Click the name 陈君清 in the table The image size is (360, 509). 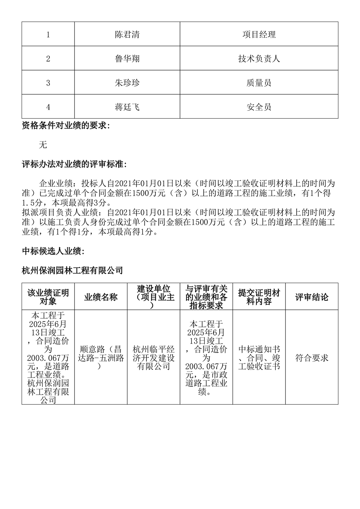pyautogui.click(x=127, y=35)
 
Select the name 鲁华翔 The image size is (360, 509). pyautogui.click(x=127, y=59)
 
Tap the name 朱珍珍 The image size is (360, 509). pyautogui.click(x=127, y=83)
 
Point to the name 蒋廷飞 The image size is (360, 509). pyautogui.click(x=127, y=107)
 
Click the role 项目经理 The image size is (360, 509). pyautogui.click(x=259, y=35)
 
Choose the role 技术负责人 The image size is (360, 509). pyautogui.click(x=259, y=59)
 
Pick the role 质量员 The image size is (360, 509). pyautogui.click(x=259, y=83)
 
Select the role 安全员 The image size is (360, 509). pyautogui.click(x=259, y=107)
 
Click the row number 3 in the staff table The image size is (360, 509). pyautogui.click(x=48, y=83)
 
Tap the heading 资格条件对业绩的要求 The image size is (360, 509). pyautogui.click(x=66, y=126)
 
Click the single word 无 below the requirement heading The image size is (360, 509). pyautogui.click(x=43, y=145)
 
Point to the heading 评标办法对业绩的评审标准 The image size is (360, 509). pyautogui.click(x=74, y=164)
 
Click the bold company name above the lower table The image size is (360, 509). pyautogui.click(x=72, y=270)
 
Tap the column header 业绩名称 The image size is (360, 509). pyautogui.click(x=101, y=297)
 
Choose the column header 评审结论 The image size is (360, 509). pyautogui.click(x=312, y=297)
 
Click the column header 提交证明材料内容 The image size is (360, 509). pyautogui.click(x=259, y=297)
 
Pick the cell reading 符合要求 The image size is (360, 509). pyautogui.click(x=312, y=358)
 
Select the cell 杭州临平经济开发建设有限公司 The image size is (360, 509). pyautogui.click(x=154, y=358)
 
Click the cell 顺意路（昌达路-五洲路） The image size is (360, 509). pyautogui.click(x=101, y=358)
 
